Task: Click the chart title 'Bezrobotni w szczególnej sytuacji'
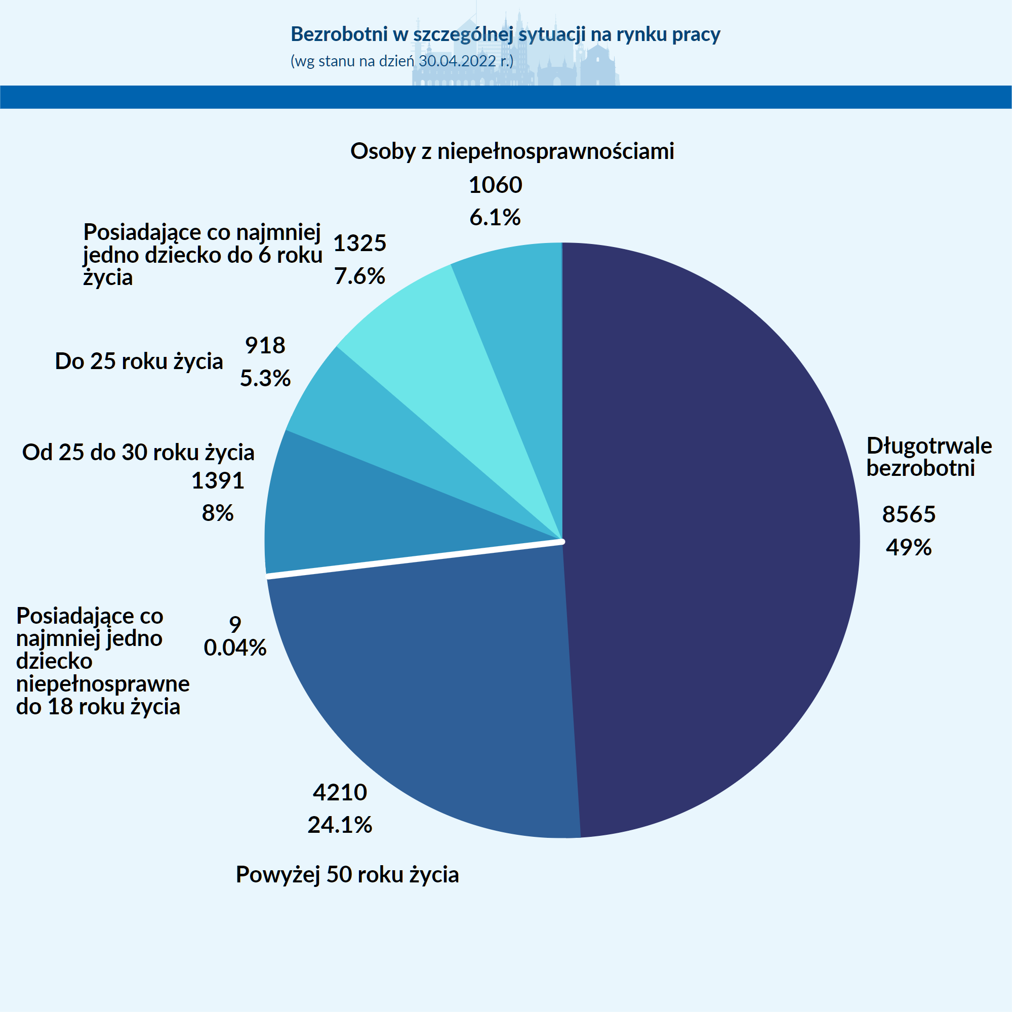pyautogui.click(x=505, y=34)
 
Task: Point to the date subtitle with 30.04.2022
pyautogui.click(x=402, y=61)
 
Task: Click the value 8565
pyautogui.click(x=909, y=514)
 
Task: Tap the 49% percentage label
pyautogui.click(x=909, y=547)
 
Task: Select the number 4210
pyautogui.click(x=340, y=792)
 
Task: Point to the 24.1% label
pyautogui.click(x=340, y=825)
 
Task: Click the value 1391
pyautogui.click(x=218, y=480)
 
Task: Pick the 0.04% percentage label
pyautogui.click(x=235, y=648)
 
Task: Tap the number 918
pyautogui.click(x=265, y=345)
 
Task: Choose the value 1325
pyautogui.click(x=360, y=243)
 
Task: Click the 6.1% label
pyautogui.click(x=495, y=217)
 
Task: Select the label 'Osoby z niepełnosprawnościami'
pyautogui.click(x=512, y=151)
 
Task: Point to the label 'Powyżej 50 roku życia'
pyautogui.click(x=347, y=874)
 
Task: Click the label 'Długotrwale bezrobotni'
pyautogui.click(x=928, y=457)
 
